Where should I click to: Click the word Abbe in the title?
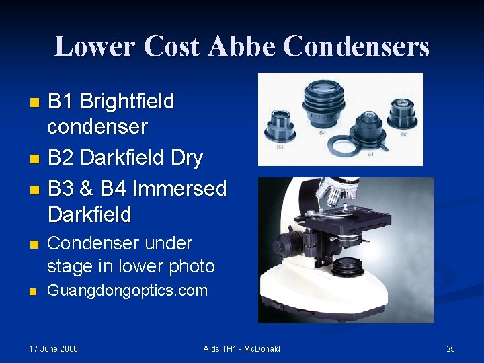tap(242, 46)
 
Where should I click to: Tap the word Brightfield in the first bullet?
tap(127, 102)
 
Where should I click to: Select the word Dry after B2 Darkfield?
tap(186, 158)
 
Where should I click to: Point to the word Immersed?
tap(179, 188)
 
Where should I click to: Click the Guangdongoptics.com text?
tap(127, 290)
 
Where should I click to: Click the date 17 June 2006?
tap(54, 348)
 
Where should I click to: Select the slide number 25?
tap(450, 348)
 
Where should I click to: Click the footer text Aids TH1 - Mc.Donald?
tap(242, 348)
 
